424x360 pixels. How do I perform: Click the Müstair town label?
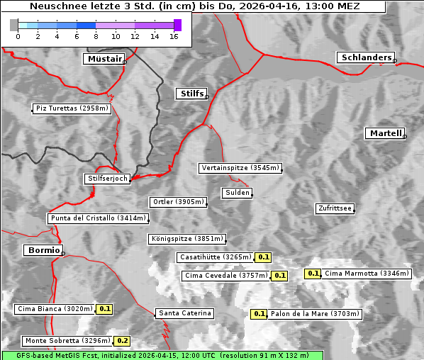(x=104, y=59)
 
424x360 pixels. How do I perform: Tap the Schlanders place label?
(x=365, y=57)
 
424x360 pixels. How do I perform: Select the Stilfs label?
(x=191, y=94)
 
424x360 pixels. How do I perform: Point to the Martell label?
(x=385, y=133)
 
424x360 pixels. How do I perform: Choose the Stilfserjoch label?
(x=107, y=179)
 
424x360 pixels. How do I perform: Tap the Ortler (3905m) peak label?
(x=177, y=202)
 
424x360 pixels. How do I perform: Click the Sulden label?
(x=236, y=193)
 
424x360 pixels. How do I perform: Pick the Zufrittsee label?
(x=335, y=208)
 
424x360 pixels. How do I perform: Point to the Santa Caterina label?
(x=184, y=313)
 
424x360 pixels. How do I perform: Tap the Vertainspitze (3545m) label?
(x=240, y=168)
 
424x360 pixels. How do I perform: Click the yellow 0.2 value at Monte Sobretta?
(x=123, y=341)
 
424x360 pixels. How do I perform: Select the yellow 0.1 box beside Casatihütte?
(x=264, y=257)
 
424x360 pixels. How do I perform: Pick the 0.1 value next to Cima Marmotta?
(x=313, y=274)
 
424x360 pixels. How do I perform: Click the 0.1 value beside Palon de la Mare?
(x=260, y=313)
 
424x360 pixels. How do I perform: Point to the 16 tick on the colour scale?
(x=174, y=36)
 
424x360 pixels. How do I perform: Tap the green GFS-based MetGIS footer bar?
(x=162, y=355)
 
